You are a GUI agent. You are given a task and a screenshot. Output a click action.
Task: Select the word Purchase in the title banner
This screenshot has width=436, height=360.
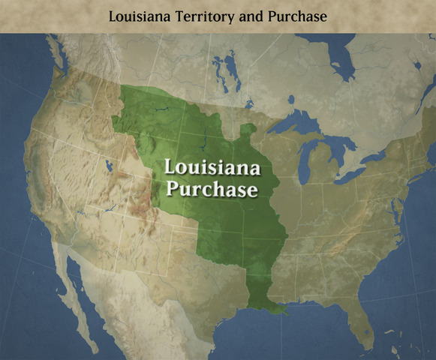coord(299,16)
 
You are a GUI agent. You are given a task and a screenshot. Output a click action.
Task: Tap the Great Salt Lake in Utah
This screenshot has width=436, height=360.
coord(110,166)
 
